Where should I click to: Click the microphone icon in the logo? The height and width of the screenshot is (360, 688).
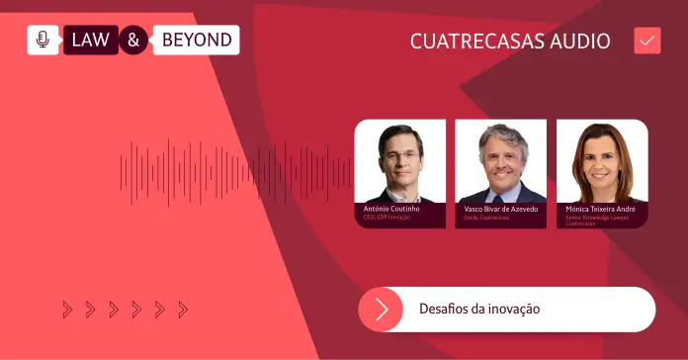coord(43,40)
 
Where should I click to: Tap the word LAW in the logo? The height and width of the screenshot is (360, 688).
coord(91,41)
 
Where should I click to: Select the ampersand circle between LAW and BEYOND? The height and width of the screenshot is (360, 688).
coord(134,41)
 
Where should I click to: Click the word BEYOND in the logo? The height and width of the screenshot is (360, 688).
coord(196,41)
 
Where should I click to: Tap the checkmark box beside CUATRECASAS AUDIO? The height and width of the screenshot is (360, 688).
coord(647,41)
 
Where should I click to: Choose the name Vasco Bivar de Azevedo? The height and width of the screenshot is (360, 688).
coord(500,210)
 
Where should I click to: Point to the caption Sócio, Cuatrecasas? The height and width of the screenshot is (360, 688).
coord(485,218)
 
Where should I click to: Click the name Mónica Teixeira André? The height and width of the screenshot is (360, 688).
coord(600,210)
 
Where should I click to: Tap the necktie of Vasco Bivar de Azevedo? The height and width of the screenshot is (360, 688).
coord(502,194)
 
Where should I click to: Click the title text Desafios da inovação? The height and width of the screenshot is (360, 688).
coord(479,310)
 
